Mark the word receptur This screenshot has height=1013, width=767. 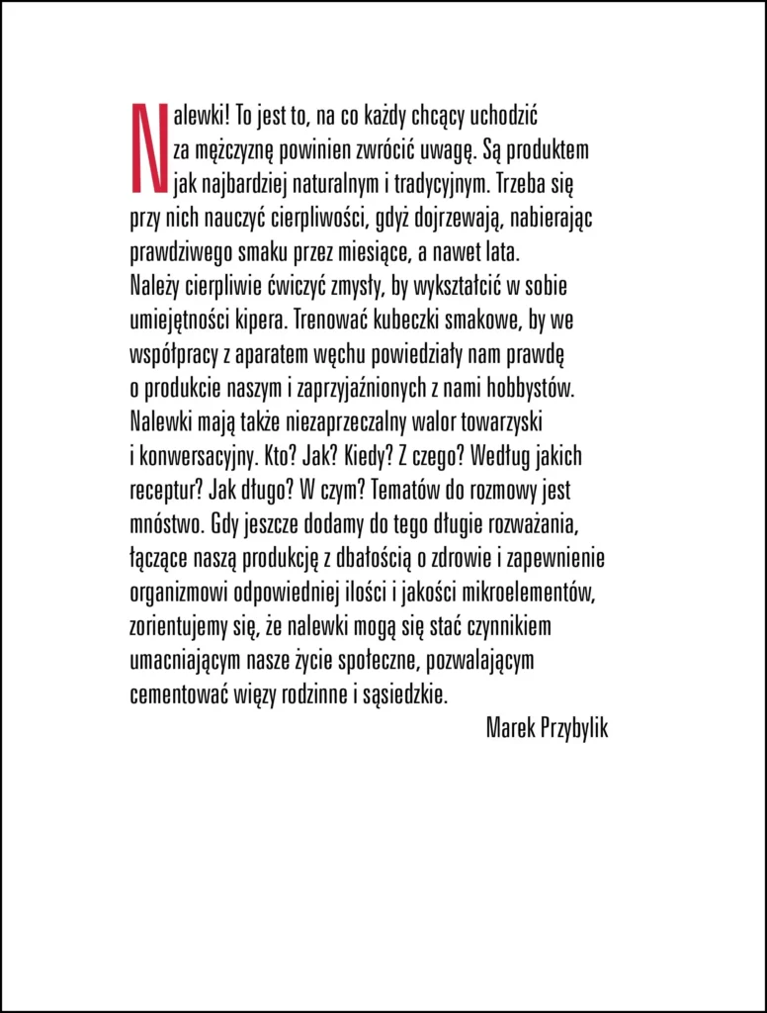(x=161, y=489)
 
